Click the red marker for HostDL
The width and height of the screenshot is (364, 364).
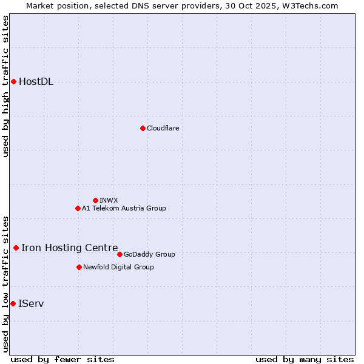pyautogui.click(x=13, y=81)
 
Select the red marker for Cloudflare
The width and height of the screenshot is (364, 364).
pyautogui.click(x=143, y=128)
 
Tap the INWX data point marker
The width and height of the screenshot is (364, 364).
pyautogui.click(x=95, y=200)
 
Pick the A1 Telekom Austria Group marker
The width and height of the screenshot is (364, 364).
pyautogui.click(x=78, y=208)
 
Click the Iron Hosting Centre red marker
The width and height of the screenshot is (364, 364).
pyautogui.click(x=16, y=248)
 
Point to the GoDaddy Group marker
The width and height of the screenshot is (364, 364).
pyautogui.click(x=120, y=254)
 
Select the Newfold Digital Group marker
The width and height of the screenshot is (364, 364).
pyautogui.click(x=79, y=267)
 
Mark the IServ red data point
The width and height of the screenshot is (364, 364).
pyautogui.click(x=13, y=303)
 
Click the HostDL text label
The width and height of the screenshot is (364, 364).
pyautogui.click(x=36, y=82)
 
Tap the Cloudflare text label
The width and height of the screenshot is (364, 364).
pyautogui.click(x=163, y=128)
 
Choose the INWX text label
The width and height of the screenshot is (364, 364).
pyautogui.click(x=109, y=200)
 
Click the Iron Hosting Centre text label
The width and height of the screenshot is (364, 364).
pyautogui.click(x=69, y=248)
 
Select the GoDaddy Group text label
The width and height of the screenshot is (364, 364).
pyautogui.click(x=149, y=254)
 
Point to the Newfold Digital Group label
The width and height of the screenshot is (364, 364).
pyautogui.click(x=118, y=267)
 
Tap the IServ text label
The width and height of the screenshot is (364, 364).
pyautogui.click(x=31, y=303)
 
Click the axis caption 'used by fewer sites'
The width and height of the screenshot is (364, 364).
pyautogui.click(x=62, y=359)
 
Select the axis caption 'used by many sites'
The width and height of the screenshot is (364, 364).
pyautogui.click(x=305, y=359)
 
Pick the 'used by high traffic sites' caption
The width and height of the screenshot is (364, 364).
pyautogui.click(x=6, y=86)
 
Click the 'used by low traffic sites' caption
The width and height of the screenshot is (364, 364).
pyautogui.click(x=6, y=284)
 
